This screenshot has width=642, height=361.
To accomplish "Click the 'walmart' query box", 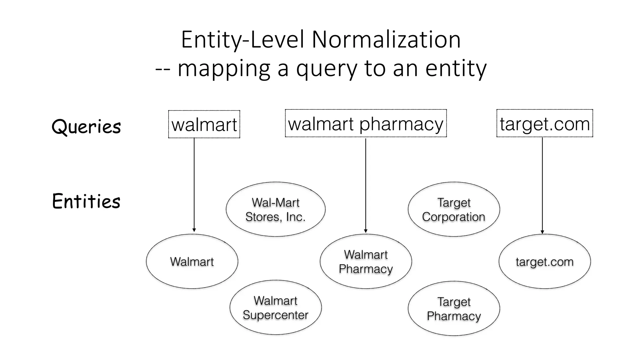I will click(x=204, y=124).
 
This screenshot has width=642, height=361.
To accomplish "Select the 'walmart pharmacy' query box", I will click(x=366, y=123).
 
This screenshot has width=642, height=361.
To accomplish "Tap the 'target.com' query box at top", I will click(x=545, y=123).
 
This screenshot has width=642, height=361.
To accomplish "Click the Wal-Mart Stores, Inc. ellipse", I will click(x=276, y=209).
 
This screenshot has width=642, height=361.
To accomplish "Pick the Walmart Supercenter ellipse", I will click(x=276, y=307).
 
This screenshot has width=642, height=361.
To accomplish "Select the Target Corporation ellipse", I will click(x=454, y=209).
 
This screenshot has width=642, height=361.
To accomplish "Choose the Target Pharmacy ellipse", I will click(x=454, y=309).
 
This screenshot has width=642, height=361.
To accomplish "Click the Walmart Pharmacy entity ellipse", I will click(x=366, y=261).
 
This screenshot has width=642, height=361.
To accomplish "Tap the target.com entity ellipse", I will click(x=545, y=261).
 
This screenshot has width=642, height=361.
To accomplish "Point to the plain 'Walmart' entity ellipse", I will click(x=192, y=261).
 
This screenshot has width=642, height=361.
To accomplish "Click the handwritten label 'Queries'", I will click(x=86, y=127).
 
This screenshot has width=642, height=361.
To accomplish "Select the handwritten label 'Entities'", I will click(x=86, y=201).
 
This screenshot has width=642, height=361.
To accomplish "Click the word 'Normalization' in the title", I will click(x=386, y=40).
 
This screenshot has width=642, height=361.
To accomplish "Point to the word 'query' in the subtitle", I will click(x=326, y=68).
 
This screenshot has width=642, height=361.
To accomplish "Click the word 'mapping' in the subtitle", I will click(x=224, y=68).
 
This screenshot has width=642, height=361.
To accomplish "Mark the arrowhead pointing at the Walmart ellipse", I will click(x=194, y=230).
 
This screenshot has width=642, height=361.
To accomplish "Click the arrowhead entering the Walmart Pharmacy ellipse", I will click(x=366, y=231).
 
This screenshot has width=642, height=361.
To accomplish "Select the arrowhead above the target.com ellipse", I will click(x=542, y=232).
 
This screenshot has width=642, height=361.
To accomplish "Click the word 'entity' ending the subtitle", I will click(x=456, y=68).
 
